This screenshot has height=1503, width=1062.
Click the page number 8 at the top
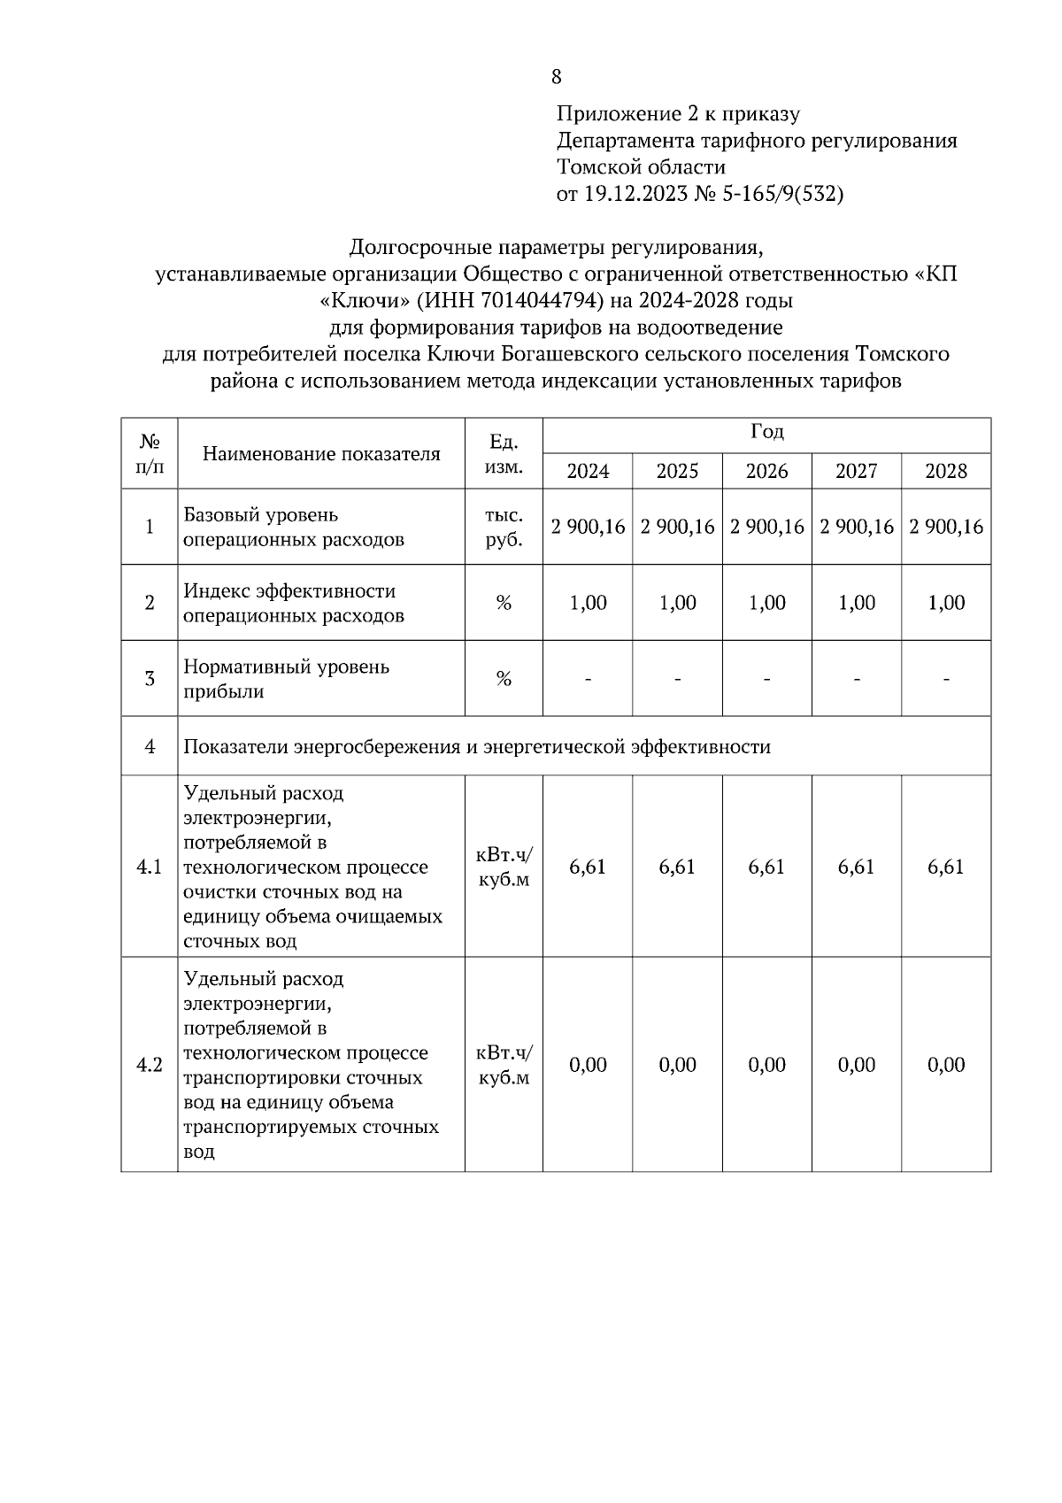(556, 77)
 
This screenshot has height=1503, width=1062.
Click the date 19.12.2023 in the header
(635, 194)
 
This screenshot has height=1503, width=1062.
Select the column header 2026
(766, 471)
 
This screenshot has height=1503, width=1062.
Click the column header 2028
(946, 471)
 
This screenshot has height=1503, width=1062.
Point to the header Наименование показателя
(321, 454)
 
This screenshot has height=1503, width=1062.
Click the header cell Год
(766, 433)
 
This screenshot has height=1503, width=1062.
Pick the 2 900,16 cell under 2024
(588, 527)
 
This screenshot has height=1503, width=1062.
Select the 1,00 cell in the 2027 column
(856, 603)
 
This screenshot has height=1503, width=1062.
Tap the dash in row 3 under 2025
(677, 680)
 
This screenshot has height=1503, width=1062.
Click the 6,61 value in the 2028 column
(945, 867)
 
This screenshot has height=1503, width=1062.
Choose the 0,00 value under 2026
(766, 1065)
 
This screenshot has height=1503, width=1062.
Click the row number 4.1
(149, 867)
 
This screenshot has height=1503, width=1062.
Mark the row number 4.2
(149, 1065)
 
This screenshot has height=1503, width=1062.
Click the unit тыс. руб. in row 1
(504, 527)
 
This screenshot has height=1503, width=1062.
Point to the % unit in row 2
(504, 603)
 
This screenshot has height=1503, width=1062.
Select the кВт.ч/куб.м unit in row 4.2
(504, 1065)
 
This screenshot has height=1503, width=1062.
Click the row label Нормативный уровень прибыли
(286, 679)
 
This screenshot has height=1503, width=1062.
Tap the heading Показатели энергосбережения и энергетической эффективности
(476, 746)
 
